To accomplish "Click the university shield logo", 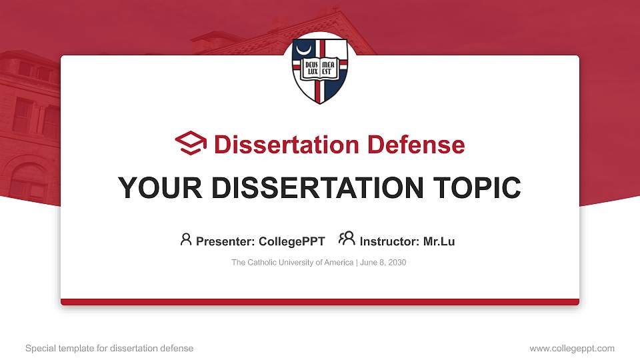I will coord(320,71).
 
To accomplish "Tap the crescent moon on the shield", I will coord(305,51).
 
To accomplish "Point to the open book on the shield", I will coord(320,67).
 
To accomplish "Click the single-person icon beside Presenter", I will coord(186,239).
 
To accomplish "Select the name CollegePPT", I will coord(291,241).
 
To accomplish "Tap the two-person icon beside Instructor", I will coord(347,239).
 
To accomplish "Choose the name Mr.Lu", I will coord(439,241).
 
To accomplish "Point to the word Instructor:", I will coord(389,241).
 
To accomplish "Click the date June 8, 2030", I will coord(383,263).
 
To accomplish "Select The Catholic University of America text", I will coord(292,263).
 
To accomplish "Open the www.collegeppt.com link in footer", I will coord(572,348).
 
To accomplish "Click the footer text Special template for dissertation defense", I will coord(109,348).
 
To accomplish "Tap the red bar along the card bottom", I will coord(320,302).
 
